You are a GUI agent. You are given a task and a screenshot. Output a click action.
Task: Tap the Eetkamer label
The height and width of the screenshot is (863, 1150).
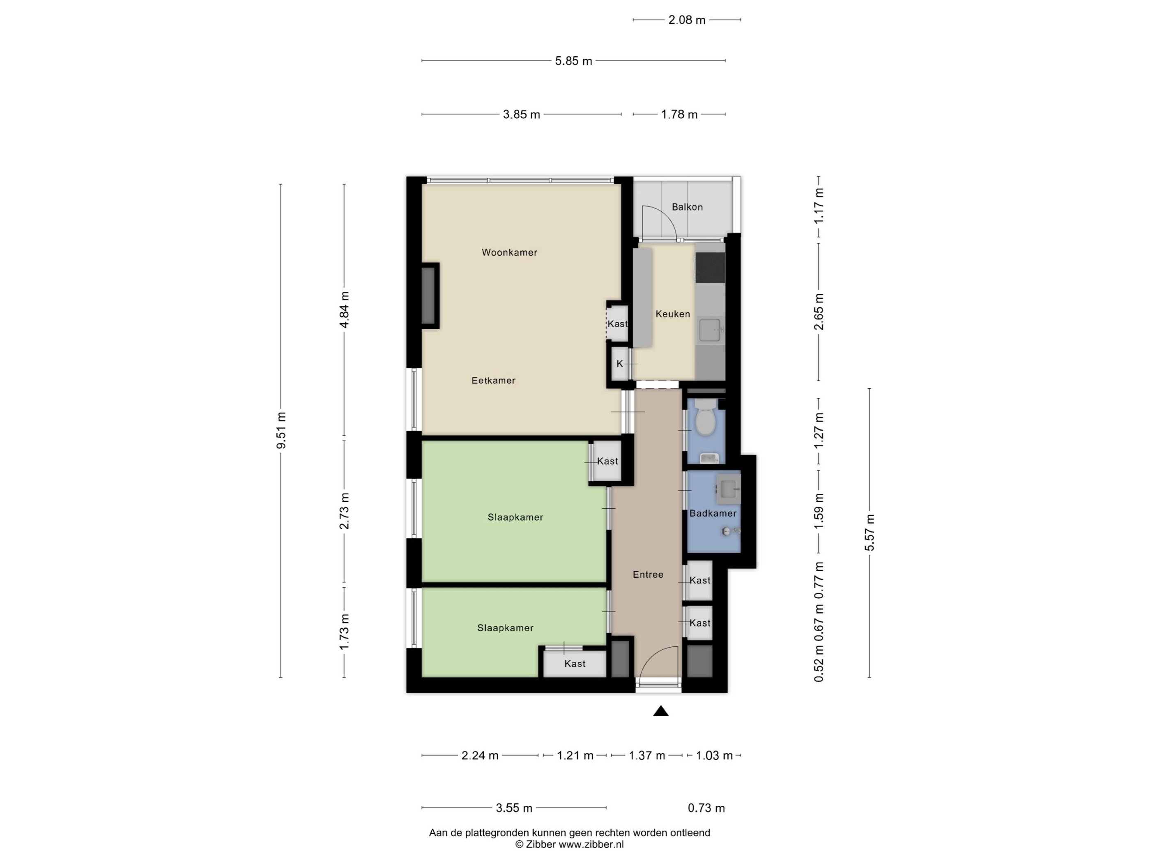click(493, 380)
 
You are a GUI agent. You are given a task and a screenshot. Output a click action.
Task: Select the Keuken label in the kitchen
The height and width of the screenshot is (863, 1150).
click(673, 314)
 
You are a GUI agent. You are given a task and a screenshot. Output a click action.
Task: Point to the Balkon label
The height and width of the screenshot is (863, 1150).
click(687, 207)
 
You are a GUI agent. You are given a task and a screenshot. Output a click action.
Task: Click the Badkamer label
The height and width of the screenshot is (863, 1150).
click(713, 513)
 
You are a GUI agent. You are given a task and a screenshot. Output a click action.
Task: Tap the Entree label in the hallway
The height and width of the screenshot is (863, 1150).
click(648, 574)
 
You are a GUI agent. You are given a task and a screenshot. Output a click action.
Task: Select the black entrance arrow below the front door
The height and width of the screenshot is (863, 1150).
click(661, 711)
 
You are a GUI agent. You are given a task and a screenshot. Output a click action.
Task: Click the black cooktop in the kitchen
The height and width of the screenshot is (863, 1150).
click(710, 268)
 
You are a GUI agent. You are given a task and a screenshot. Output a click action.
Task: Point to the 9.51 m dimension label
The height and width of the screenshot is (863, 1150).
click(281, 431)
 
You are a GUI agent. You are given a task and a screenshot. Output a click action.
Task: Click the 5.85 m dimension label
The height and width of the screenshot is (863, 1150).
click(573, 61)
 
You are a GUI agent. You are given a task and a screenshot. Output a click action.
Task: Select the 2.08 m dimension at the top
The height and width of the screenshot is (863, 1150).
click(687, 20)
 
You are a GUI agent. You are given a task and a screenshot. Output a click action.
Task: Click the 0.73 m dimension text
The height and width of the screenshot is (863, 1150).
click(706, 808)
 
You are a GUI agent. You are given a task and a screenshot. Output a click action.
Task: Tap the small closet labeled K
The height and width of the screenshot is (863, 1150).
click(619, 364)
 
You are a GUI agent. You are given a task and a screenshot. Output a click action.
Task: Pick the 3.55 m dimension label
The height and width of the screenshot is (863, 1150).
click(514, 808)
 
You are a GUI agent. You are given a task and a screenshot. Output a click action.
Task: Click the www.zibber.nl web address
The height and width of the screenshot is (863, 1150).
click(591, 844)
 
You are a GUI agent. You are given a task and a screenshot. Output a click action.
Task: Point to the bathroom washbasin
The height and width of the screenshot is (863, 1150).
click(728, 489)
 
